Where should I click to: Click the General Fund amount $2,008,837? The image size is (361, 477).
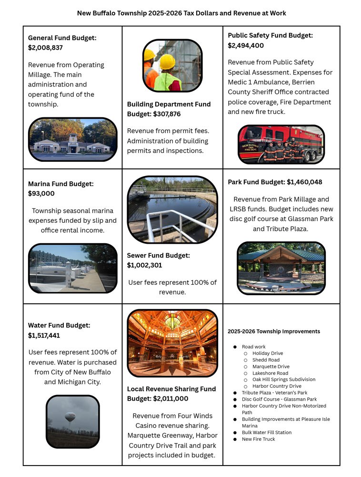[45, 48]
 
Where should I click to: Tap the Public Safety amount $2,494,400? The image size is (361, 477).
[246, 46]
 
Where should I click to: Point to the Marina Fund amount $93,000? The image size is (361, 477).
[41, 194]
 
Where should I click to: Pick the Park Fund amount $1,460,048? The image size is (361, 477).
[304, 182]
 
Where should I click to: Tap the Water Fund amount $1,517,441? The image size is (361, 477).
[44, 335]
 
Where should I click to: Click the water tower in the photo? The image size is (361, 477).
[70, 417]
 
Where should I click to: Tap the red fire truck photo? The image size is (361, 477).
[281, 144]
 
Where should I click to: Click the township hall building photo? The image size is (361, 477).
[72, 139]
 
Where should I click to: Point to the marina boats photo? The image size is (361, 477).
[72, 268]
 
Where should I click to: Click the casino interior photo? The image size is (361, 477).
[172, 343]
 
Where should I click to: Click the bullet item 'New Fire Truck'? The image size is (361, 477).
[258, 439]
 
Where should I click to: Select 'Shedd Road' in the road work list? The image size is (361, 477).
[266, 360]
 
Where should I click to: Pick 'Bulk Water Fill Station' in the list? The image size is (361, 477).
[267, 433]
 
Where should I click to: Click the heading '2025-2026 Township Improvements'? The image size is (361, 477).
[274, 332]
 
